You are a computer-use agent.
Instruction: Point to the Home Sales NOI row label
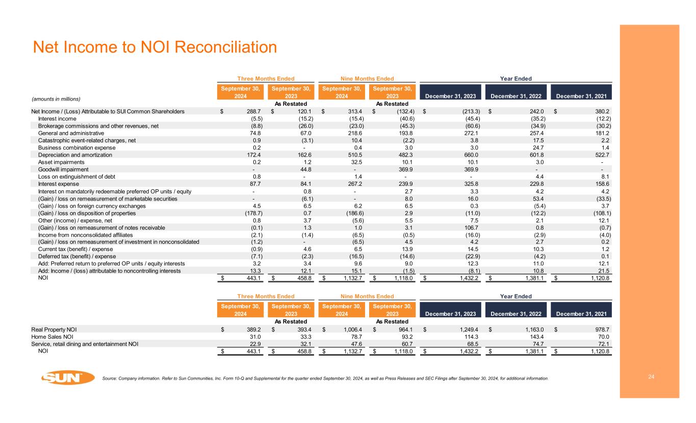53,337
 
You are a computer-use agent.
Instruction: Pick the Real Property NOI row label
55,330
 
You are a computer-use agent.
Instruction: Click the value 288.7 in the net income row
253,111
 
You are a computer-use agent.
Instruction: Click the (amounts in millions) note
56,98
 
